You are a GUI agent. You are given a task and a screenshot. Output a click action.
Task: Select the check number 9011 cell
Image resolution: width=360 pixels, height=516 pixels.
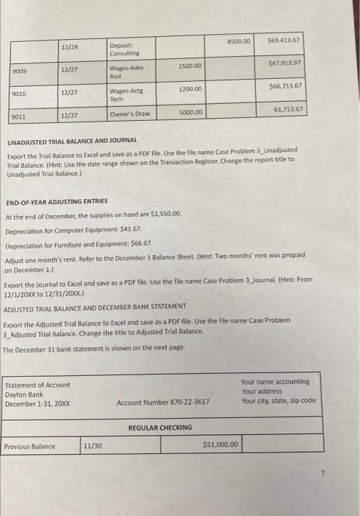click(20, 116)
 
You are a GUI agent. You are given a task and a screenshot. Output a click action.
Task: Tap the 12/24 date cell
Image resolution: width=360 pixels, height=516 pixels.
click(71, 48)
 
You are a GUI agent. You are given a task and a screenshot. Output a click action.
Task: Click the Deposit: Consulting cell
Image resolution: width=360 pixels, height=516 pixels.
click(124, 50)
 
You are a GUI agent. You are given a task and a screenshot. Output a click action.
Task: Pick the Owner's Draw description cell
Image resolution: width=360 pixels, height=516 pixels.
click(130, 114)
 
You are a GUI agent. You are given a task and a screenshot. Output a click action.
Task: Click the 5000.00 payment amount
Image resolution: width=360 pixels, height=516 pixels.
click(190, 113)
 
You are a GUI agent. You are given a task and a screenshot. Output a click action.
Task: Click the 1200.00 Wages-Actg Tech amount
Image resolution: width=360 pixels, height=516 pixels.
click(190, 89)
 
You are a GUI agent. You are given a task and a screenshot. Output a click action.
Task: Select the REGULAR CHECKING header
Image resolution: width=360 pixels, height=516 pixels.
click(160, 428)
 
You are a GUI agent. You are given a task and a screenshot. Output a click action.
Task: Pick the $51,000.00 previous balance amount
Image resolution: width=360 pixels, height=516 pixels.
click(220, 445)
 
